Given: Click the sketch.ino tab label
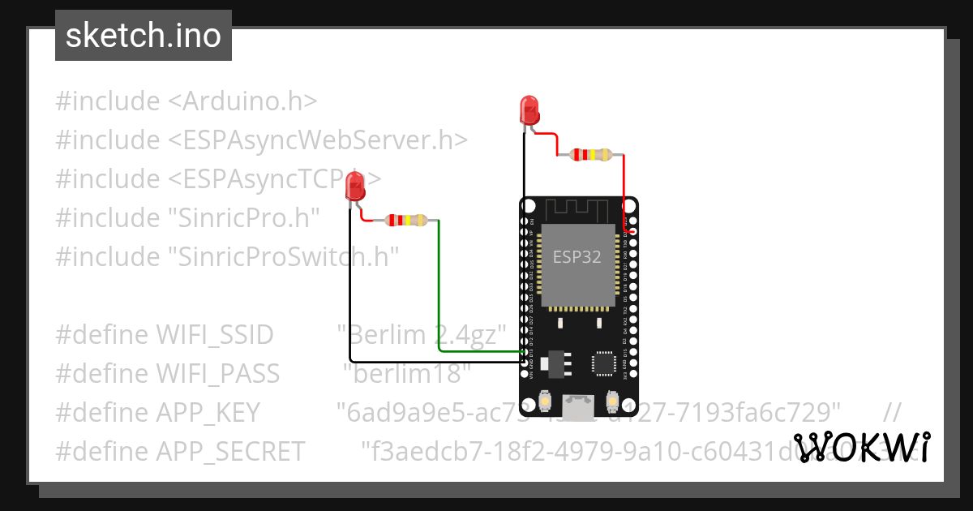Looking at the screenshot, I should point(143,36).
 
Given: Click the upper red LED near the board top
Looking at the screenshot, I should point(528,109).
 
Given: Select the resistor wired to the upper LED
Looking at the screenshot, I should point(591,154).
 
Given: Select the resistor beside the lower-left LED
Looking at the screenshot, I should point(406,220).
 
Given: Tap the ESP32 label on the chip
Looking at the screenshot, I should point(577,257).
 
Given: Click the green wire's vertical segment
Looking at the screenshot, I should point(439,284).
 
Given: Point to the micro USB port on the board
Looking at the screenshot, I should point(579,408).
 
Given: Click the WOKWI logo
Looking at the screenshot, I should point(861,448).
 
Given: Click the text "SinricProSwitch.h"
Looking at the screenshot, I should point(284,256).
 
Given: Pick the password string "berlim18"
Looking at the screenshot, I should point(407,373).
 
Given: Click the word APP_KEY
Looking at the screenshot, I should point(208,412).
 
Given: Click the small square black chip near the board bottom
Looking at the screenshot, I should point(604,363).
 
